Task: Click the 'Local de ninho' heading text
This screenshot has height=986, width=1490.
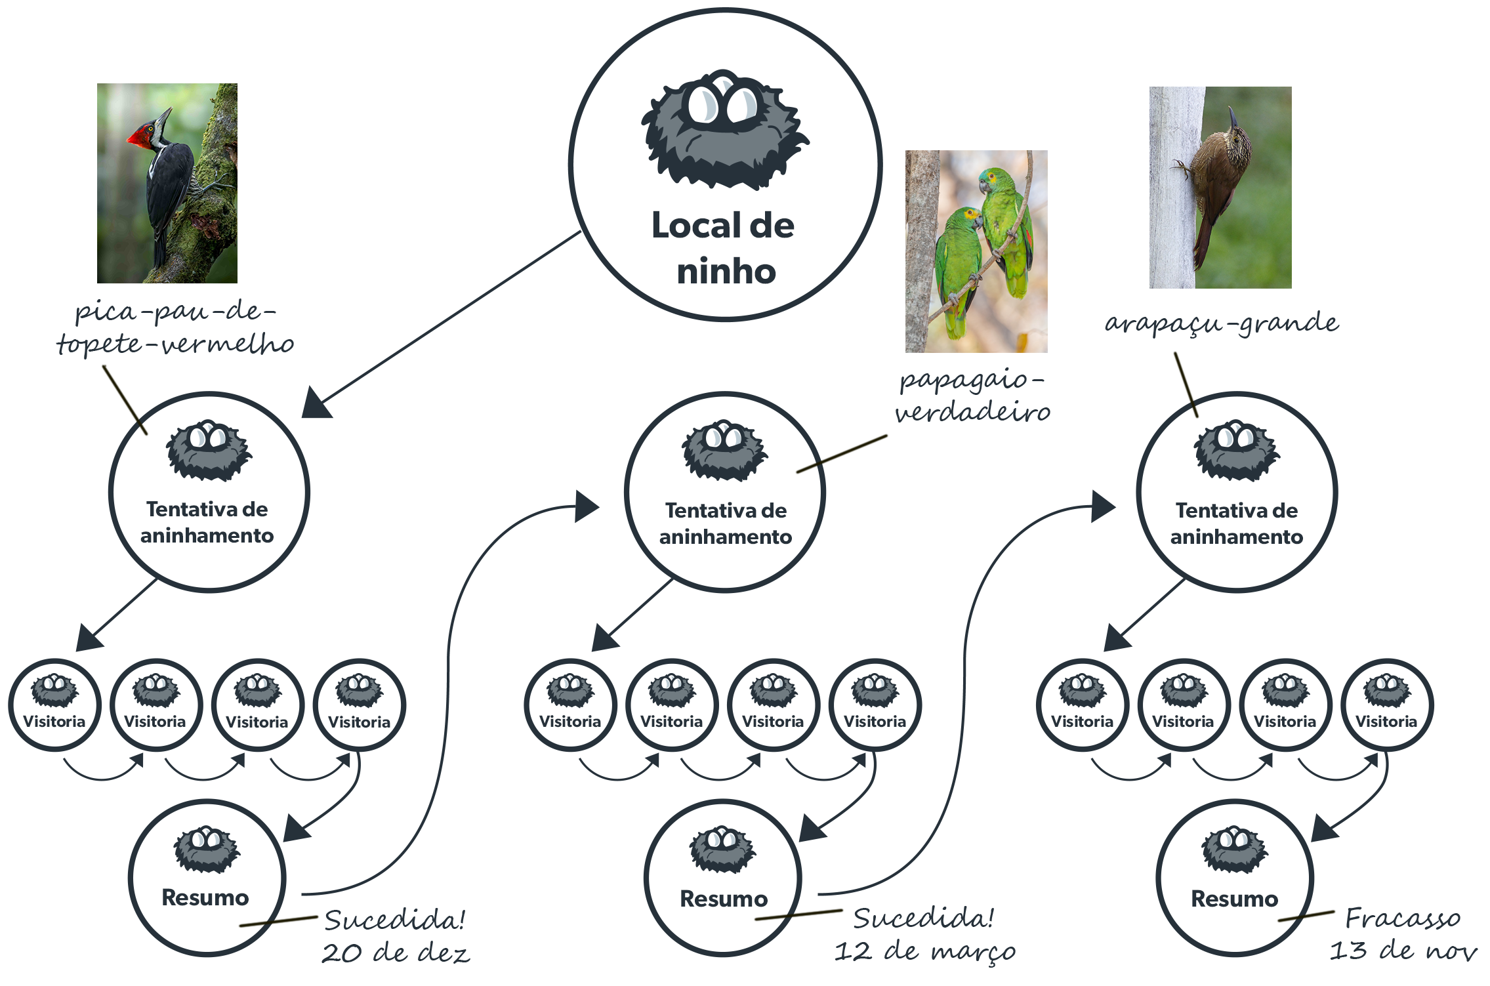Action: click(724, 248)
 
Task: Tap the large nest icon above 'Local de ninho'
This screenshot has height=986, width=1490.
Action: click(724, 130)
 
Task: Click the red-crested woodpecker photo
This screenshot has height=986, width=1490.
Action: click(167, 183)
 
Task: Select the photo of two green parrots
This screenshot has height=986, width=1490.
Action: click(976, 251)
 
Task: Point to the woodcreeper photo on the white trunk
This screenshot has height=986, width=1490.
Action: click(1220, 188)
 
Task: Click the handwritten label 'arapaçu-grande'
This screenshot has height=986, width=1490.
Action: click(1222, 323)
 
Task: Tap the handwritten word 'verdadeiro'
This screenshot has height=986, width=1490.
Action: click(972, 413)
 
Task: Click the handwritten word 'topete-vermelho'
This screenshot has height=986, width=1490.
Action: click(175, 344)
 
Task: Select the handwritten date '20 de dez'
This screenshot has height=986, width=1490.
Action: click(396, 953)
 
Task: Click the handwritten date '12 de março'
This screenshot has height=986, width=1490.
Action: click(925, 951)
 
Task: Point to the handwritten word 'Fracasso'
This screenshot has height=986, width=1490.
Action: click(1403, 918)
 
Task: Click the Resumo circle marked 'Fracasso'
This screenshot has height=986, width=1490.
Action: click(1235, 877)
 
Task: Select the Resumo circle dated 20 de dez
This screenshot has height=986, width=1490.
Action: click(207, 877)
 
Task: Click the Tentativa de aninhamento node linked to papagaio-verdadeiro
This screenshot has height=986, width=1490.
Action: click(725, 492)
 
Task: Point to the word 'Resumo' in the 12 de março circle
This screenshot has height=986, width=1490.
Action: click(724, 899)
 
